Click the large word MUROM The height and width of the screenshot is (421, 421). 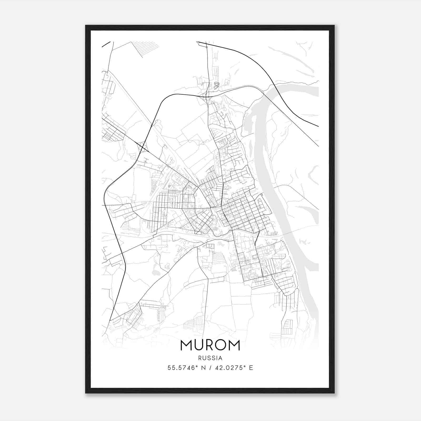pos(210,345)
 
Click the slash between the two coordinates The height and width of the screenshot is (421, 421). pos(210,368)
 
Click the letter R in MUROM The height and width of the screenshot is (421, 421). pos(209,345)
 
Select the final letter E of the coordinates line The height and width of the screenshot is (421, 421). pos(251,368)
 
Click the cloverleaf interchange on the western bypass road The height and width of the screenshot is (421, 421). pos(142,147)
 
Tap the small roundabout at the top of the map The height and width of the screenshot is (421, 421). pos(207,47)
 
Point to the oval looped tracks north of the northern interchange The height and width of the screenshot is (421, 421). pos(216,85)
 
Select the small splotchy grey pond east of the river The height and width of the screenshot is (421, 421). pos(305,242)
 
